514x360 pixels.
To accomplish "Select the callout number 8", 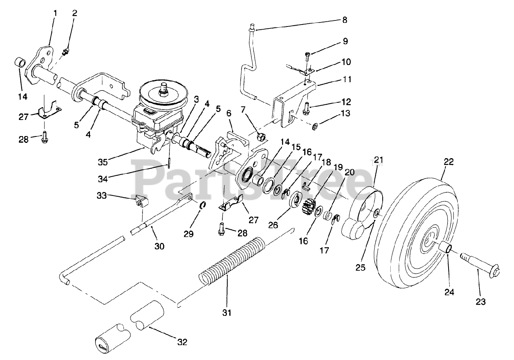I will pyautogui.click(x=345, y=20).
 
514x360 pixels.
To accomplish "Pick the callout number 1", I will pyautogui.click(x=55, y=13).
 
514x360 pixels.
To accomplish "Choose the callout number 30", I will pyautogui.click(x=159, y=246).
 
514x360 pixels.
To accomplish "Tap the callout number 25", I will pyautogui.click(x=361, y=268).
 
